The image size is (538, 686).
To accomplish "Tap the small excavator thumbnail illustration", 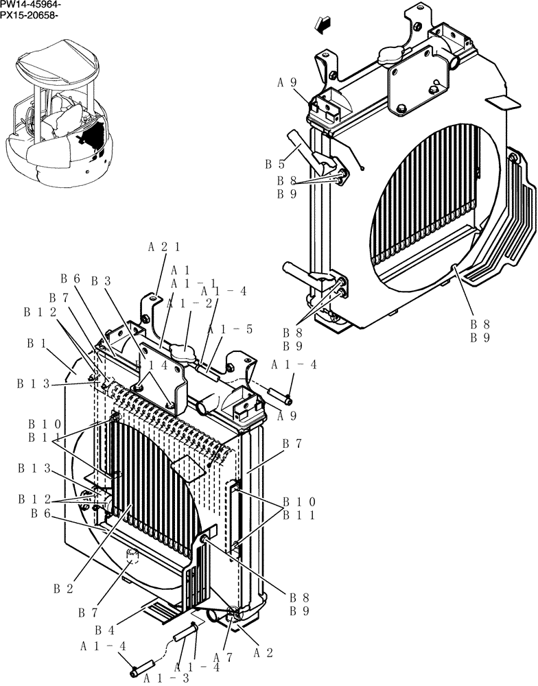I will tap(58, 113).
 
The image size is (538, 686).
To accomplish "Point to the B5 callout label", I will tap(274, 165).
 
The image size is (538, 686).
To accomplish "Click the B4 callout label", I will tap(104, 630).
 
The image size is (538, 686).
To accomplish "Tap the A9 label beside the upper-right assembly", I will tap(287, 83).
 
